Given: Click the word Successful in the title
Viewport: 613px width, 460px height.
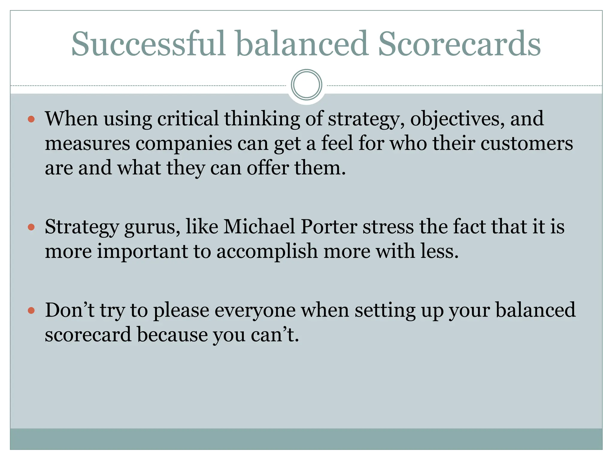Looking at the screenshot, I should coord(148,44).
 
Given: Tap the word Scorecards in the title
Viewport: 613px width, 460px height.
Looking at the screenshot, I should coord(459,44).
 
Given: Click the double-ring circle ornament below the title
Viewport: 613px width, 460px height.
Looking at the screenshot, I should coord(306,85).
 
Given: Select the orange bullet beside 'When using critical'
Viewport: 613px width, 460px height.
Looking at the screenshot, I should coord(31,119).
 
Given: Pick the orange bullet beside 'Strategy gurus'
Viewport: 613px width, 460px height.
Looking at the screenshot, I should coord(31,227).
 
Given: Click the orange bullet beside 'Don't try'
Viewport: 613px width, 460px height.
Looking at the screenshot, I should coord(31,311).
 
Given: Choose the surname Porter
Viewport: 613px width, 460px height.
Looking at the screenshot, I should coord(329,227).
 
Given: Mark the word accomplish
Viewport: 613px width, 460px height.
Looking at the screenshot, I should coord(267,252).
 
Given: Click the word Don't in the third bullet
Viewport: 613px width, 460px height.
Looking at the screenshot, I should coord(69,310).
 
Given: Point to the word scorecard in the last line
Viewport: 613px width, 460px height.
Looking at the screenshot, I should coord(88,335).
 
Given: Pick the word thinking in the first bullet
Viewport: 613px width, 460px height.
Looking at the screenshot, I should coord(262,119).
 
